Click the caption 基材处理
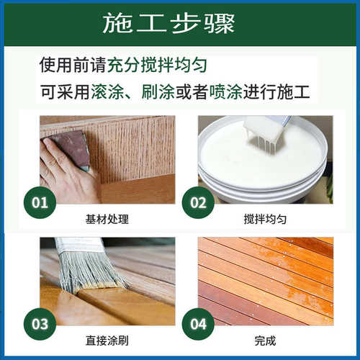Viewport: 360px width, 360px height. click(107, 217)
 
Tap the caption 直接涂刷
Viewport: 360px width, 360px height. click(107, 340)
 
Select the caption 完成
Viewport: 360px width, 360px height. click(266, 340)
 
